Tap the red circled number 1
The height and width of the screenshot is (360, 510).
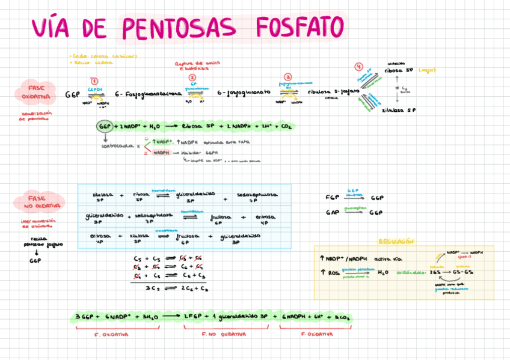(94, 81)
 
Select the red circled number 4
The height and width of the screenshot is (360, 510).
(359, 67)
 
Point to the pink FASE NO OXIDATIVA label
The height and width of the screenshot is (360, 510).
(40, 202)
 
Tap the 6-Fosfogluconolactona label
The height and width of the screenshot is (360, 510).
(149, 94)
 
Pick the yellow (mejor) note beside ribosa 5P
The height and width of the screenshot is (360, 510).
(426, 70)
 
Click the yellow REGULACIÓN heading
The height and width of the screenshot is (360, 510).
(396, 241)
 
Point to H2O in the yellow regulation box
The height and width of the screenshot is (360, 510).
(383, 272)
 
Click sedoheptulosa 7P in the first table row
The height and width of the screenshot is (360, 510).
(257, 198)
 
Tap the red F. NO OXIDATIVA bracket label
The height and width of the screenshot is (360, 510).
(223, 334)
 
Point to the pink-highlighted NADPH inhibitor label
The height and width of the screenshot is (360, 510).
(161, 153)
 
